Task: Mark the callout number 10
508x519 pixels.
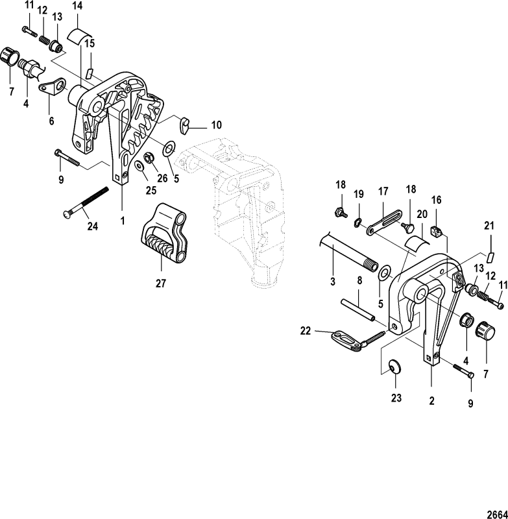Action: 199,124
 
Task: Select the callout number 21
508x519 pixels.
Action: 489,225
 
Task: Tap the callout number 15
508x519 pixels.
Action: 90,43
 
